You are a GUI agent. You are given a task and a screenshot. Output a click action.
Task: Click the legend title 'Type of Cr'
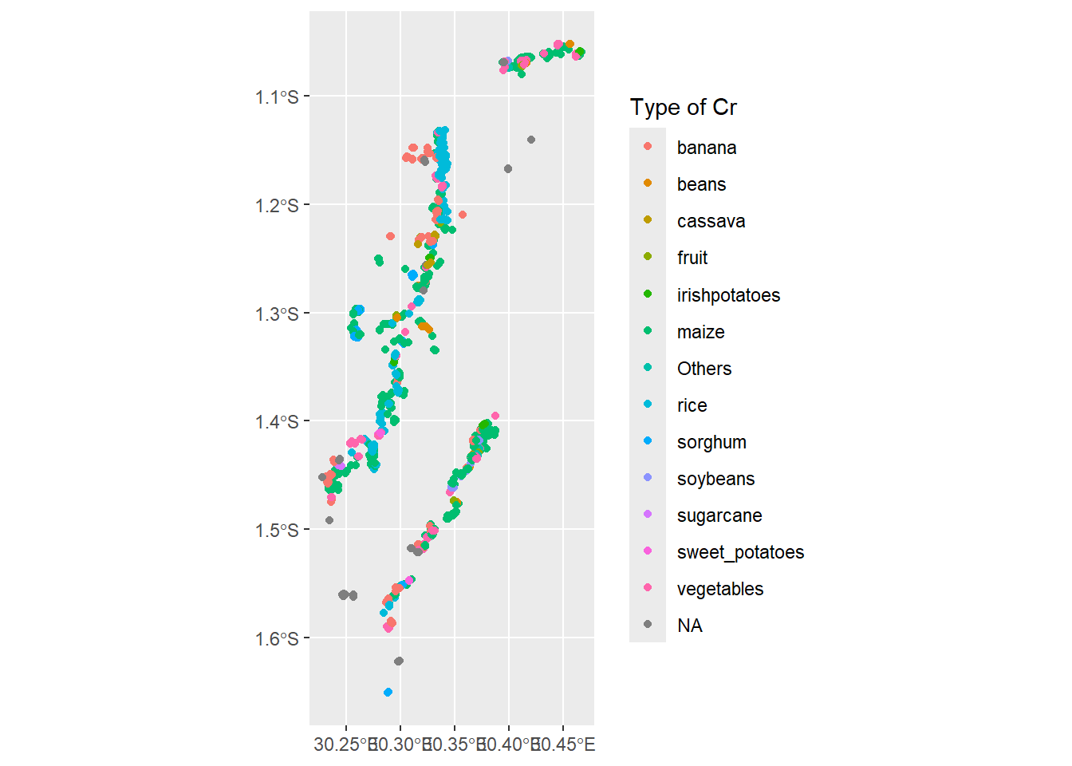[683, 108]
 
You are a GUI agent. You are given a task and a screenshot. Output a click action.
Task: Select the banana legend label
[706, 148]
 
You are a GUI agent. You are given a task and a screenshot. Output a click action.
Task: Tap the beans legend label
[701, 184]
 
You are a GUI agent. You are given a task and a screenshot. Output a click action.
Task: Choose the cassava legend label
[711, 221]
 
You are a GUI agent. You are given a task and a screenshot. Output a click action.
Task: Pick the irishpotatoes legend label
[728, 295]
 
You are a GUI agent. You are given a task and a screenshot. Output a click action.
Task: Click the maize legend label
[700, 332]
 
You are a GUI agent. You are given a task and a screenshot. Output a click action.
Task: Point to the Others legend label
[703, 369]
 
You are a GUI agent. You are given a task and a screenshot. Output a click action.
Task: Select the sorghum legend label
[711, 442]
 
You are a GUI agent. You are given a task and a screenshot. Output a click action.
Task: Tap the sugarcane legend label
[719, 515]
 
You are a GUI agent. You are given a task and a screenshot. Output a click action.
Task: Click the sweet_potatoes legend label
[740, 552]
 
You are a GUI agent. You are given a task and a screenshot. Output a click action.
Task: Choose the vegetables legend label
[719, 589]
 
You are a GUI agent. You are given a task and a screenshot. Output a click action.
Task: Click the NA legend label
[689, 626]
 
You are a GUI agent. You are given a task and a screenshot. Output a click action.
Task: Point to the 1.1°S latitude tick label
[277, 97]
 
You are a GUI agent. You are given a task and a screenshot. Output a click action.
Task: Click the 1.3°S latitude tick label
[277, 314]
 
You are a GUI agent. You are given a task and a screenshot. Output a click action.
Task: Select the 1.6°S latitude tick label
[277, 638]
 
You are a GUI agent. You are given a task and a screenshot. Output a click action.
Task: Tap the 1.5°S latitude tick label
[277, 531]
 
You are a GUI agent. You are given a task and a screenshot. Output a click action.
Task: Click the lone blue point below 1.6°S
[388, 692]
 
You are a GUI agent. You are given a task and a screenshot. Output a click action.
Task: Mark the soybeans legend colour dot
[648, 477]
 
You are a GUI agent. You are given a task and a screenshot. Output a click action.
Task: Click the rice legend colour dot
[648, 404]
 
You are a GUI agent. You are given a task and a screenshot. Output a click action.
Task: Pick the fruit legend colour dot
[648, 257]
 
